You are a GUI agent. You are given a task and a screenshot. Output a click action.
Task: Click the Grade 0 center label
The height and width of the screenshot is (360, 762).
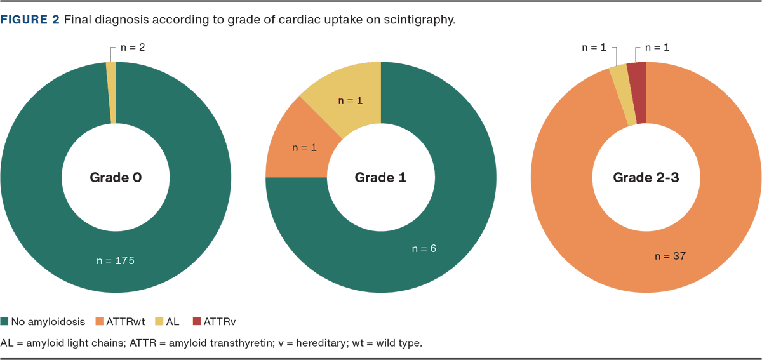(x=116, y=178)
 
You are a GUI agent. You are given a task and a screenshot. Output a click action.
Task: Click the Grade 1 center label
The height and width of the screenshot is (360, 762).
(x=380, y=178)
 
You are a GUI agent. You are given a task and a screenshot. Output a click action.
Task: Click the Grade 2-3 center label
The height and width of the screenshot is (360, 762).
(x=646, y=178)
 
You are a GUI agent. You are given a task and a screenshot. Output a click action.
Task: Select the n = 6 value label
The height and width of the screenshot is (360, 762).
(x=424, y=248)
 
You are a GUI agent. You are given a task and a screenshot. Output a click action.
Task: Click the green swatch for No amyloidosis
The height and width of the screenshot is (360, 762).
(x=4, y=322)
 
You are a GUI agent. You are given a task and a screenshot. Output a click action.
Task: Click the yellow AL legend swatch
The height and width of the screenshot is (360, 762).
(x=159, y=322)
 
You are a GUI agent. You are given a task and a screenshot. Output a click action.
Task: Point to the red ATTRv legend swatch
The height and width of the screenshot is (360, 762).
(x=197, y=322)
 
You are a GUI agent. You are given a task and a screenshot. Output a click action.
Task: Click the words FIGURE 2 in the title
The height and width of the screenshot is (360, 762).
(x=30, y=20)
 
